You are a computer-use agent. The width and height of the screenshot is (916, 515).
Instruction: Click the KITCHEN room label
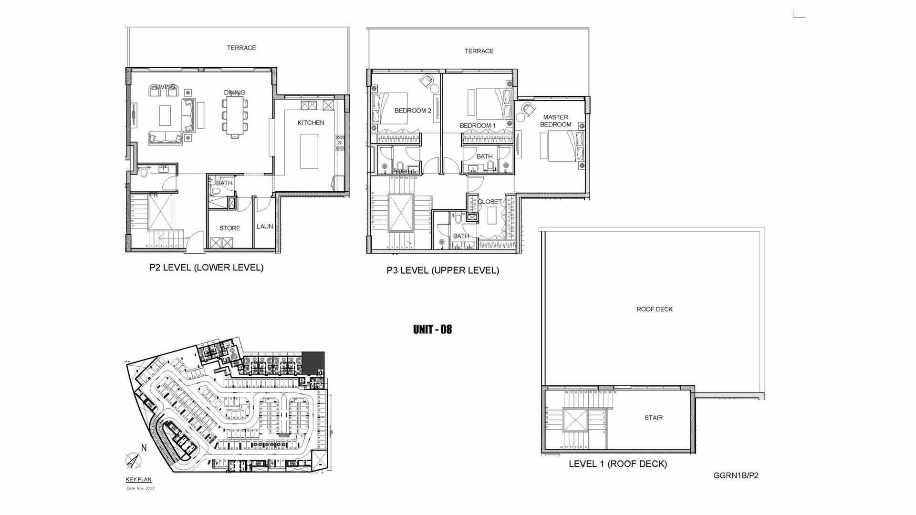coord(311,123)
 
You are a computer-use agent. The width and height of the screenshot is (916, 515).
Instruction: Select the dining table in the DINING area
coord(234,115)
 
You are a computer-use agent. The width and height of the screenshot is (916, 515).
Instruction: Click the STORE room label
coord(229,228)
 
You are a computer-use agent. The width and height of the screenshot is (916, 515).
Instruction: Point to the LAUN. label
coord(265,227)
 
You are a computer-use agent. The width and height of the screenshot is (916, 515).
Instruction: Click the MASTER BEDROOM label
coord(555,121)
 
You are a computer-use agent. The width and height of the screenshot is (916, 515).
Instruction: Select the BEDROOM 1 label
coord(478,126)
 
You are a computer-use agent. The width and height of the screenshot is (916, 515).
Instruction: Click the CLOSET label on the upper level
coord(489,202)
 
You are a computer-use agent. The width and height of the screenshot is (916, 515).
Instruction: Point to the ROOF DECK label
coord(654,309)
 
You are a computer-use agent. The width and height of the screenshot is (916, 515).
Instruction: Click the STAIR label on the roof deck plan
coord(653,418)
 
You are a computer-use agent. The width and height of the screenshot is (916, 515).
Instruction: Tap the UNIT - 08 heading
coord(432,330)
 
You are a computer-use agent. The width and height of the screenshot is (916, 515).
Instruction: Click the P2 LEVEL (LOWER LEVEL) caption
coord(206,268)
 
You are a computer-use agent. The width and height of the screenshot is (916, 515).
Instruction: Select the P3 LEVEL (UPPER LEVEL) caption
coord(443,271)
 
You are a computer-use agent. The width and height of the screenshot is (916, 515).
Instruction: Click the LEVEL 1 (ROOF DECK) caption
coord(617,464)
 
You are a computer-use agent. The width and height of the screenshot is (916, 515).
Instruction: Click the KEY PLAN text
coord(138,480)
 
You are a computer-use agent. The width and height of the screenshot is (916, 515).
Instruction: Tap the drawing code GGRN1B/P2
coord(736,475)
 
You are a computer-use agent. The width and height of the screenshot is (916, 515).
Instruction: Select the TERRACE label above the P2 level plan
coord(241,48)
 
